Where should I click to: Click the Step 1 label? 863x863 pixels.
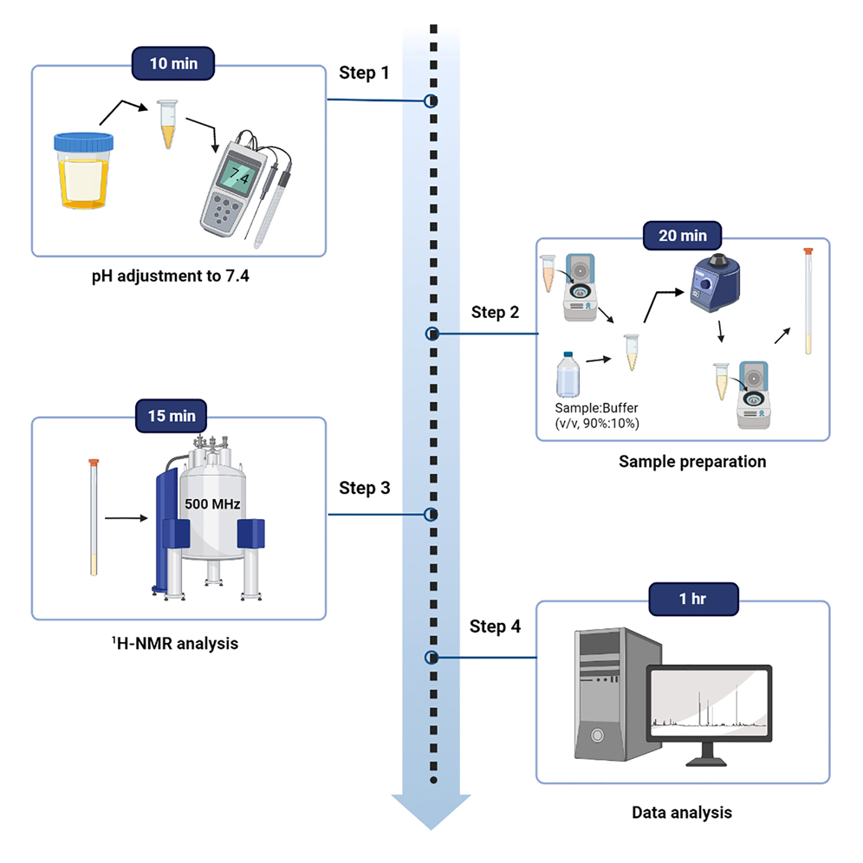tap(364, 73)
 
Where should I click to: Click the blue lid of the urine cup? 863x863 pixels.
tap(83, 142)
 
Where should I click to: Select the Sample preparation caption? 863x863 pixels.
tap(692, 462)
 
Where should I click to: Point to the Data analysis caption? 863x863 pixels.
tap(681, 813)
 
